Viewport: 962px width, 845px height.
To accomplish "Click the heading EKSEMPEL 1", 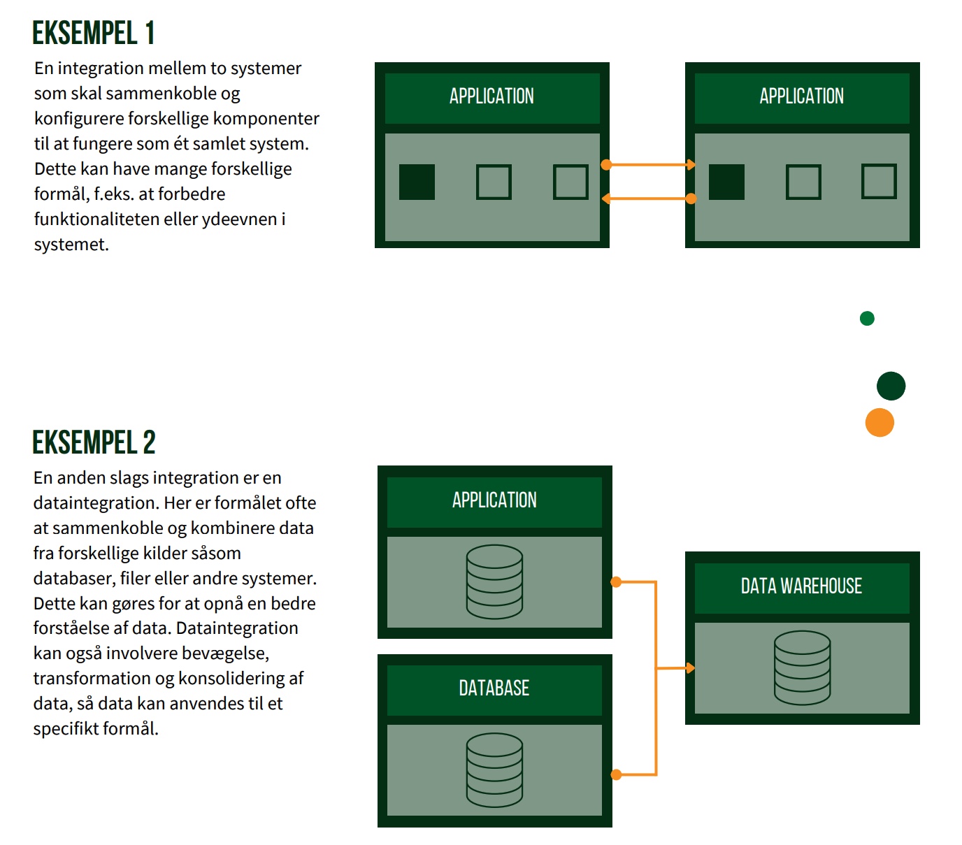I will [94, 33].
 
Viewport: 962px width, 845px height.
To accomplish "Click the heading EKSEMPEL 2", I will [94, 442].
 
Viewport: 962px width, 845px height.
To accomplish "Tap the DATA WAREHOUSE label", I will [801, 586].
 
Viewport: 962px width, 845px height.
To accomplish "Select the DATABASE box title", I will [494, 688].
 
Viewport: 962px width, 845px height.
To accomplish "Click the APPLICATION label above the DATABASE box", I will [494, 500].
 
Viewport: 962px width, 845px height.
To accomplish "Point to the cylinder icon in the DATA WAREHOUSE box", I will [802, 667].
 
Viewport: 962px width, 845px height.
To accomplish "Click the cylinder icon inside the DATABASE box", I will [494, 770].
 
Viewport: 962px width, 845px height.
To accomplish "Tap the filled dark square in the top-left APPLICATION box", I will [417, 182].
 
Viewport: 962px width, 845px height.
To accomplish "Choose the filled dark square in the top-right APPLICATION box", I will [726, 182].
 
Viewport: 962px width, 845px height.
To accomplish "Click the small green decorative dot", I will [867, 319].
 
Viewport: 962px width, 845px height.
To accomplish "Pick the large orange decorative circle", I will [880, 423].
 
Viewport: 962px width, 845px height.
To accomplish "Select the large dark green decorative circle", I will [891, 386].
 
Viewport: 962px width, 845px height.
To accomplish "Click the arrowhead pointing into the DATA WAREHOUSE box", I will [690, 668].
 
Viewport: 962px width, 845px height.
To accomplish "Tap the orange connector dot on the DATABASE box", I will [616, 774].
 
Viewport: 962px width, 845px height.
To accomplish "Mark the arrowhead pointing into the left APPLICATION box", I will [606, 198].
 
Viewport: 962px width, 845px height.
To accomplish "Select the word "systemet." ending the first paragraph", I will [71, 245].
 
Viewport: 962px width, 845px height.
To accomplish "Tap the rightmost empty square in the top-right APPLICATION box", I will [879, 182].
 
